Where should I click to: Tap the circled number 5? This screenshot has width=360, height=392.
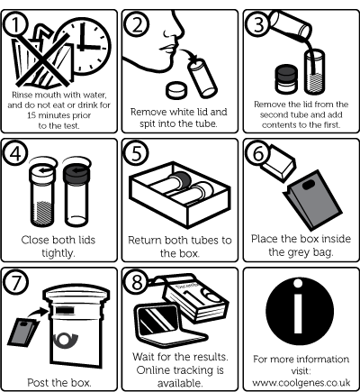[137, 153]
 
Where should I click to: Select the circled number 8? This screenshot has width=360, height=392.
[137, 282]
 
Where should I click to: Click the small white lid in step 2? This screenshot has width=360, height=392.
[176, 89]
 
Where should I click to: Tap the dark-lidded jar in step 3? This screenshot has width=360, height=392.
[286, 78]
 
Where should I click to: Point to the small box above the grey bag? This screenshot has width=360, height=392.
[278, 163]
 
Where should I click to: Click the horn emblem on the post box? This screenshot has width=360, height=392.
[65, 340]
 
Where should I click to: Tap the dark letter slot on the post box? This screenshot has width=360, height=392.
[65, 311]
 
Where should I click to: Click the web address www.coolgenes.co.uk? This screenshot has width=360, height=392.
[301, 383]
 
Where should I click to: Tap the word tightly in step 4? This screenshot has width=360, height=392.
[58, 253]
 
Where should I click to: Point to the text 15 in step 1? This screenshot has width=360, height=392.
[31, 115]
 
